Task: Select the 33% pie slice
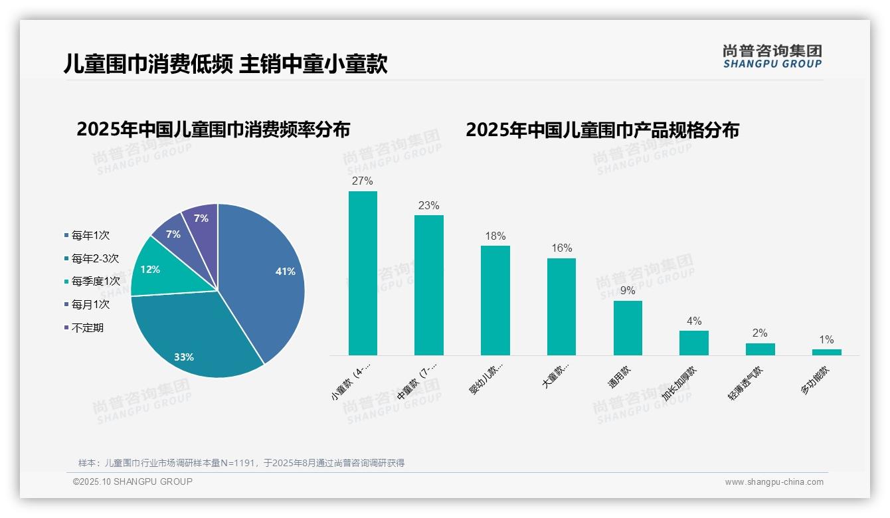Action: (x=193, y=339)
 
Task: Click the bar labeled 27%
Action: (x=363, y=273)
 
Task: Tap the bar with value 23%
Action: (x=429, y=285)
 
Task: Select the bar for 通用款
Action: (x=628, y=328)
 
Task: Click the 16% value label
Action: (x=561, y=248)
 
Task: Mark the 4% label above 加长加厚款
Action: (x=694, y=321)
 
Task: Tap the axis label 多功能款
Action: (x=816, y=381)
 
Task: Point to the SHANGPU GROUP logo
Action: (x=772, y=56)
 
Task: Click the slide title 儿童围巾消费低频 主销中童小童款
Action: (x=225, y=64)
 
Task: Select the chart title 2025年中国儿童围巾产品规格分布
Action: (x=602, y=130)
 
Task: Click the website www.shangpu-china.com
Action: (x=774, y=482)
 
